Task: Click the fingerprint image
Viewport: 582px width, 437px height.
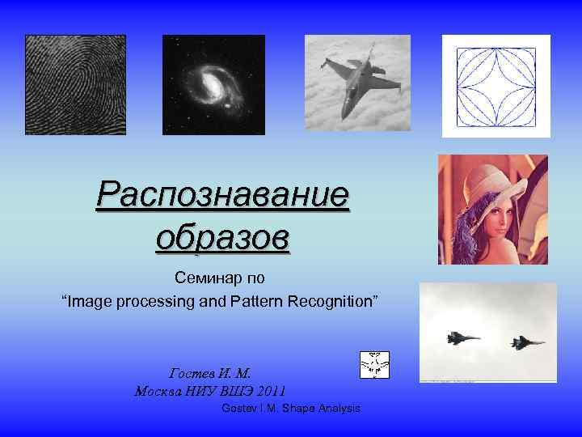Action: (75, 84)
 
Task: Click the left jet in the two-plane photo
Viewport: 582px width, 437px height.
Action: (462, 337)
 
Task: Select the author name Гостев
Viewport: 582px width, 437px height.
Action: (192, 373)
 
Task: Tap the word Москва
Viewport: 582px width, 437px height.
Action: (159, 390)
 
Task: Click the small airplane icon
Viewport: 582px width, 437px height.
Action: (374, 365)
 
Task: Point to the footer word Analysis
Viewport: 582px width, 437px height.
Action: (339, 409)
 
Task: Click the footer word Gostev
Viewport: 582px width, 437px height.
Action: (238, 409)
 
